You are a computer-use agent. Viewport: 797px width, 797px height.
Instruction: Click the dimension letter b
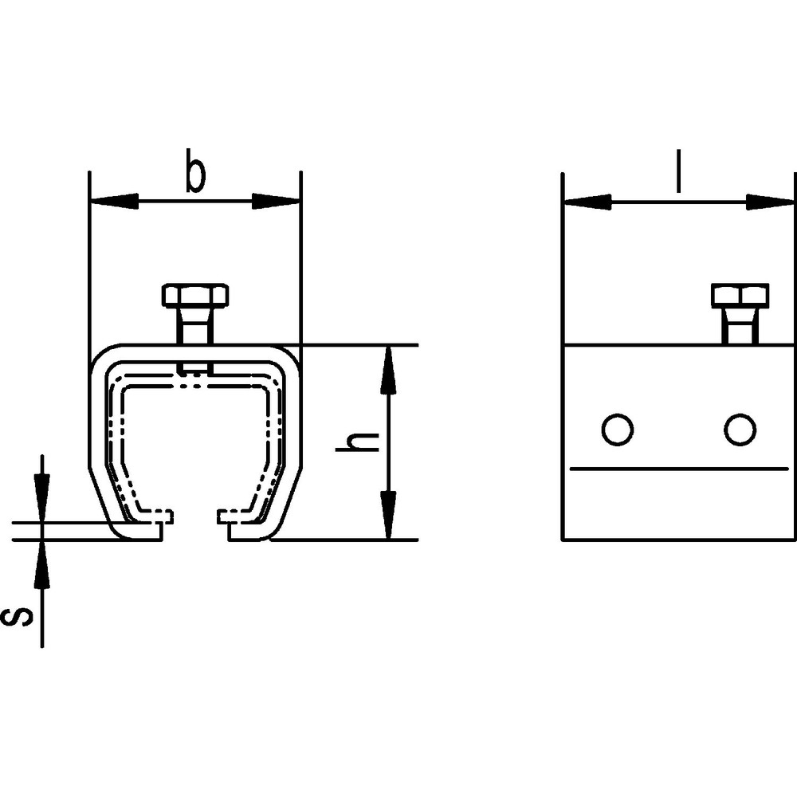coord(195,171)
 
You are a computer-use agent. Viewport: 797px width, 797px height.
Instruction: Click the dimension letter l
coord(678,171)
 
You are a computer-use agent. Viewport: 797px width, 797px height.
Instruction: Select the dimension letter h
coord(357,442)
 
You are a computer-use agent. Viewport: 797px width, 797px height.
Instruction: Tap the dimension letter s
coord(18,617)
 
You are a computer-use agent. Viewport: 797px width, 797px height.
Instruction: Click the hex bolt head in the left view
coord(195,296)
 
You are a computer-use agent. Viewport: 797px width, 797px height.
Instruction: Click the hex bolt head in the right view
coord(740,296)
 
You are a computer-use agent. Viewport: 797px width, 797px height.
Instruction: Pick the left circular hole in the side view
coord(617,430)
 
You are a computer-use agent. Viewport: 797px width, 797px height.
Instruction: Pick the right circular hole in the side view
coord(740,430)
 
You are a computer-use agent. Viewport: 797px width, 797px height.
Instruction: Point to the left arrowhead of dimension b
coord(113,202)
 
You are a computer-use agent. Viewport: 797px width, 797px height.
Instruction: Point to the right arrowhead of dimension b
coord(277,202)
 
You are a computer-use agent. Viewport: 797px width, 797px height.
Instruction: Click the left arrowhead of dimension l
coord(587,202)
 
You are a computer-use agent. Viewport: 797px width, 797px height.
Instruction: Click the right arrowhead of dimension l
coord(770,202)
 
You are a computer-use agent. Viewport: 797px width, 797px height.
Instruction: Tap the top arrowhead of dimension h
coord(388,370)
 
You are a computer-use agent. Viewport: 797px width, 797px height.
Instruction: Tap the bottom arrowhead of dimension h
coord(388,514)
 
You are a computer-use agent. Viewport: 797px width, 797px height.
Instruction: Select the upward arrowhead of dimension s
coord(42,564)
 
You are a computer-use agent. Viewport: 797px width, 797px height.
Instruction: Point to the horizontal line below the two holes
coord(678,468)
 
